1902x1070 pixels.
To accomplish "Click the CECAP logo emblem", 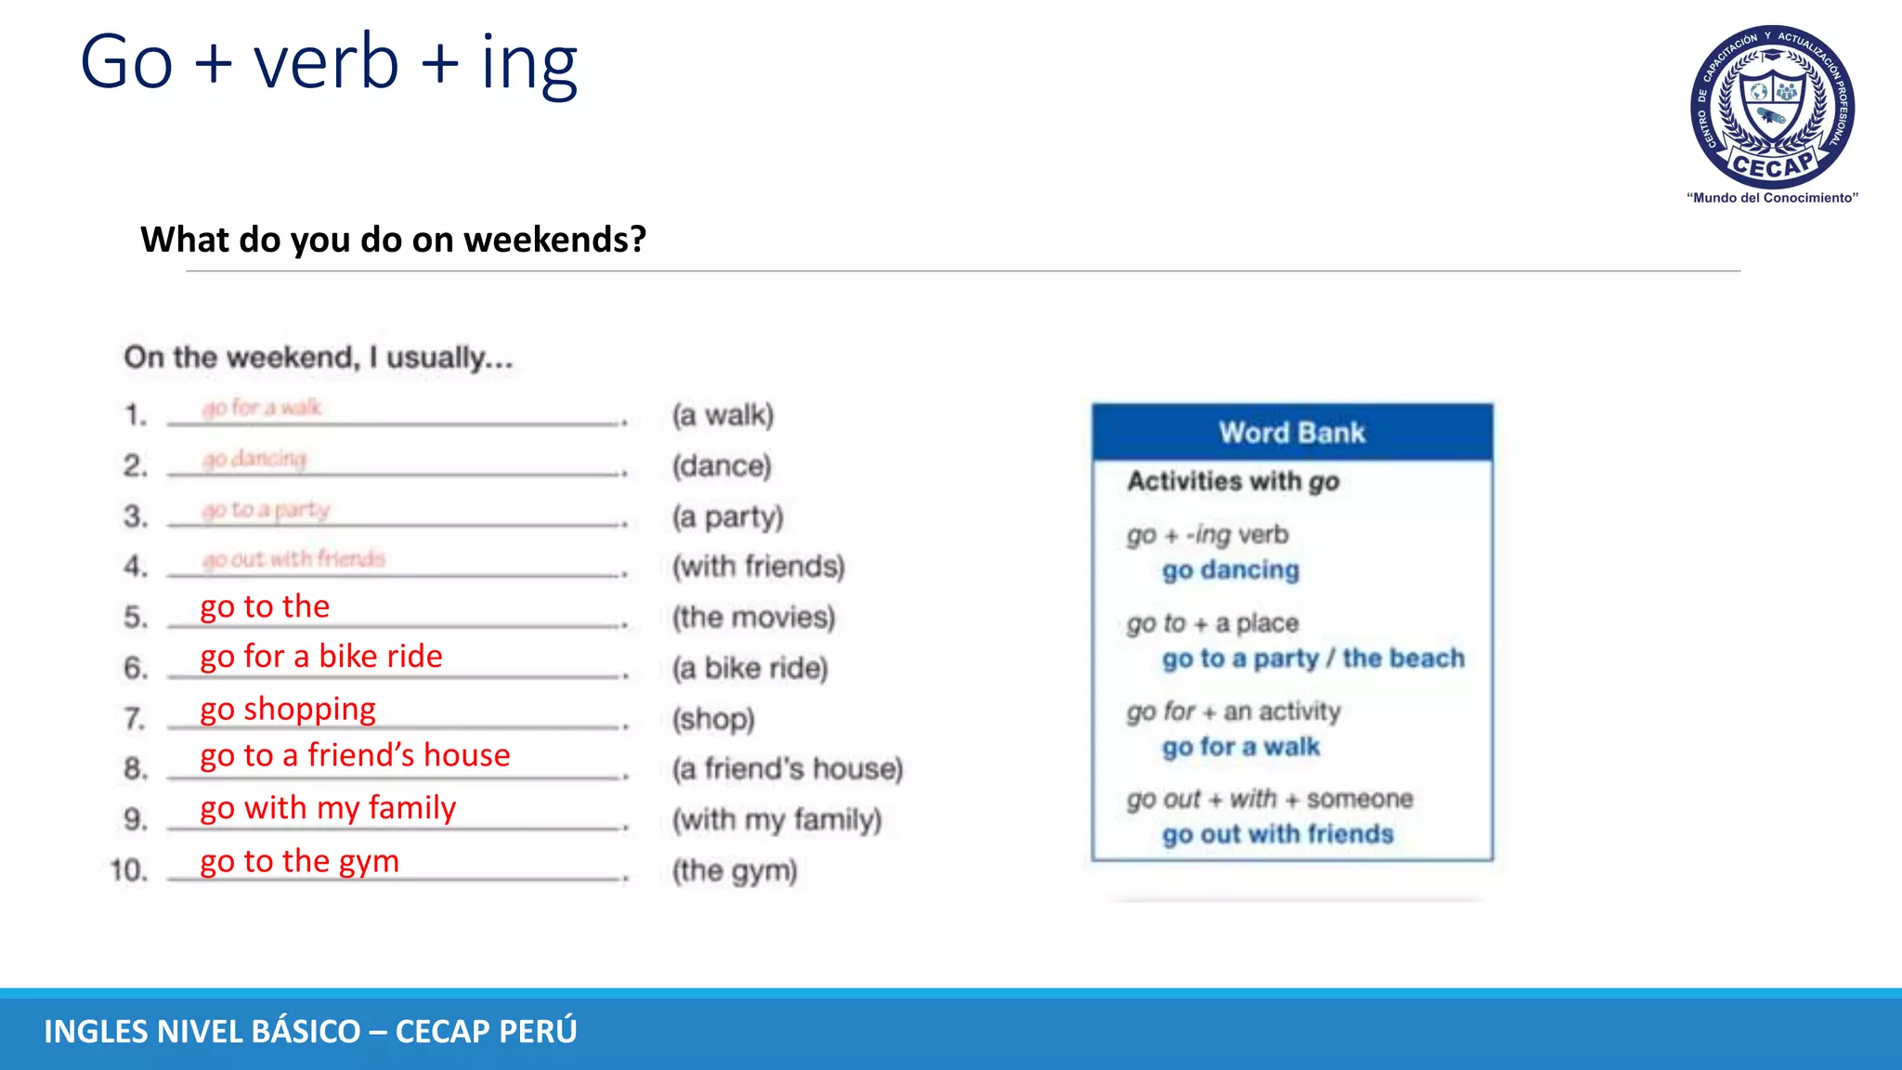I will click(x=1772, y=106).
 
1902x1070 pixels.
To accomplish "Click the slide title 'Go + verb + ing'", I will click(x=329, y=62).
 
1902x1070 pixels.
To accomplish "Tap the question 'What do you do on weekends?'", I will click(x=393, y=240).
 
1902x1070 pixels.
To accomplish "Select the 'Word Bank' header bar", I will click(x=1292, y=433).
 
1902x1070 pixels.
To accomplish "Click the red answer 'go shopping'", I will click(x=288, y=710).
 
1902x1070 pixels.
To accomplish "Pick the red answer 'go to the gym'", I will click(x=299, y=862).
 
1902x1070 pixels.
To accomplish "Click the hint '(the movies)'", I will click(x=753, y=618).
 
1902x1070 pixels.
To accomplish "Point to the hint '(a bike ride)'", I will click(x=749, y=669).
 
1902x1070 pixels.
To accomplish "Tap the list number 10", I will click(x=128, y=871).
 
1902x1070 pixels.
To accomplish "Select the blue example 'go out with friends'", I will click(x=1278, y=835).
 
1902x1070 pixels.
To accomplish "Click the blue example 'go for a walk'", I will click(x=1241, y=748).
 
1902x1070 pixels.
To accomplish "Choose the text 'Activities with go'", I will click(x=1233, y=482).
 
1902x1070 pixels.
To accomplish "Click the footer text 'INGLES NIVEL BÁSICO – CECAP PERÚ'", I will click(x=310, y=1032).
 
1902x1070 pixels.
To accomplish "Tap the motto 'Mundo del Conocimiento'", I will click(x=1772, y=198).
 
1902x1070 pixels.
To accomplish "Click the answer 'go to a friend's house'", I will click(x=355, y=756).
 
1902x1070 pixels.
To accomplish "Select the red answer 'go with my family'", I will click(x=328, y=809).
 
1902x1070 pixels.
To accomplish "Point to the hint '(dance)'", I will click(x=722, y=466).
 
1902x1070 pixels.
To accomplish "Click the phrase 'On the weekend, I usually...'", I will click(x=319, y=358).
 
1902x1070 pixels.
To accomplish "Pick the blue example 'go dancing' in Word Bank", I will click(x=1231, y=570).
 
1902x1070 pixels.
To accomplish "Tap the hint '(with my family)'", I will click(x=776, y=820).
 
